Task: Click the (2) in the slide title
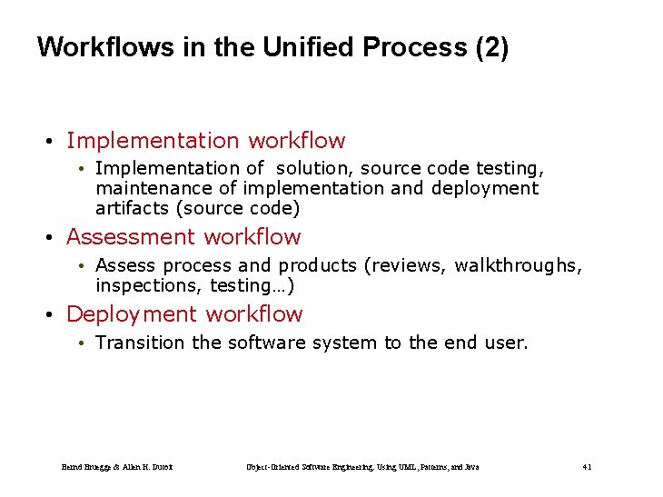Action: coord(491,47)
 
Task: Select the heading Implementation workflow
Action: coord(205,141)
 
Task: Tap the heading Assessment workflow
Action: coord(183,237)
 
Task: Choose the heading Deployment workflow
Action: coord(184,314)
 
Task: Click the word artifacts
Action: coord(133,208)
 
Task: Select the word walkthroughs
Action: coord(518,265)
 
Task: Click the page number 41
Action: coord(587,467)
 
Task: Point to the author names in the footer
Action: coord(117,467)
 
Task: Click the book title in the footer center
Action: coord(362,467)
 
